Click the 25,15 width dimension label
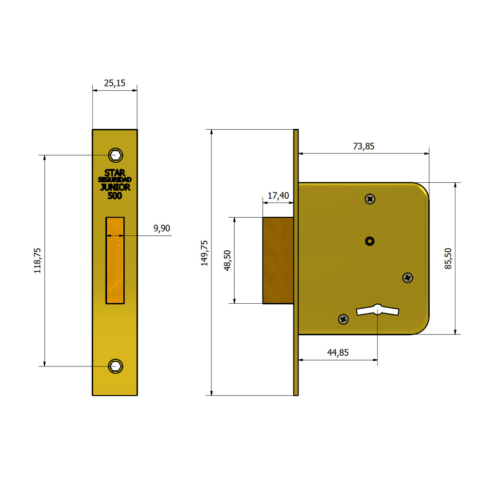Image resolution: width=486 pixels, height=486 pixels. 115,83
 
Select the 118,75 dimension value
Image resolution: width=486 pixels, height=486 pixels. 37,260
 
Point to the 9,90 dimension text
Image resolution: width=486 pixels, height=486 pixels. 162,228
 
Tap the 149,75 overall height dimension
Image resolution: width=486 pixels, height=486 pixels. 204,253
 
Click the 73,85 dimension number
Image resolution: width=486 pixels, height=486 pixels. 364,146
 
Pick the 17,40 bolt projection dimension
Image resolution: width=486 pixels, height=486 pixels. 278,196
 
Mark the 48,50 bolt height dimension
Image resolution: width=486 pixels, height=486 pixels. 227,260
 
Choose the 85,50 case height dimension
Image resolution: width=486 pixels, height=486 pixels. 448,259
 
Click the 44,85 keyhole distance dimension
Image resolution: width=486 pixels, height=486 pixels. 338,353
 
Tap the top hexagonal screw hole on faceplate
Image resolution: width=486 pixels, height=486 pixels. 116,155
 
